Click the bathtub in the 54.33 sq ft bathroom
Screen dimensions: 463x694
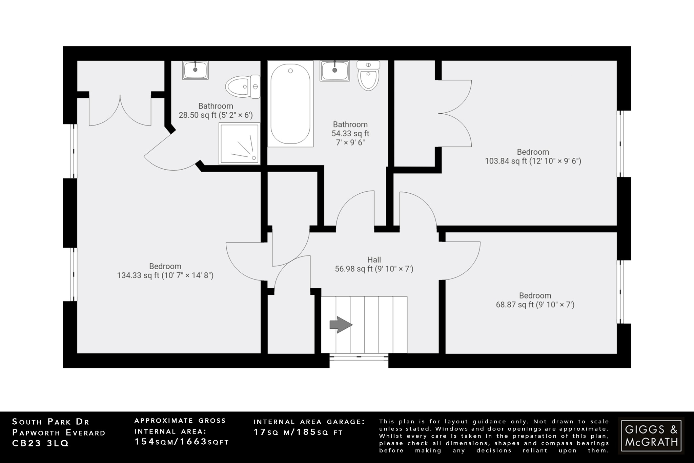[x=290, y=104]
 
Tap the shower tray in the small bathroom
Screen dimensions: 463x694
[x=239, y=144]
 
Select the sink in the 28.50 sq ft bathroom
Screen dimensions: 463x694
[x=195, y=70]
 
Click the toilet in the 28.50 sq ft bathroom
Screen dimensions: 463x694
[x=242, y=87]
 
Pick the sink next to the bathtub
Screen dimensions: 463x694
[x=334, y=71]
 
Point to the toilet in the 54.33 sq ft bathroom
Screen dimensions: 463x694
[x=368, y=76]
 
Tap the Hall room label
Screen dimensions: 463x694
[x=374, y=260]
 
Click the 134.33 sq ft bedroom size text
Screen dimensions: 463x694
[x=165, y=275]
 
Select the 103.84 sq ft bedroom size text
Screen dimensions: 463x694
[x=533, y=161]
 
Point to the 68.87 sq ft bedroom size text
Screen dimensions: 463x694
[x=535, y=305]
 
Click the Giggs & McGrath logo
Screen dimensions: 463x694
[x=651, y=436]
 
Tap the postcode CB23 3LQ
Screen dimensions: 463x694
[x=41, y=443]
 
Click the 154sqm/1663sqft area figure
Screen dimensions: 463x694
[x=182, y=442]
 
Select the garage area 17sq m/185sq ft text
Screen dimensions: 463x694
[x=298, y=432]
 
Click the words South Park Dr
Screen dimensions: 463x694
[x=51, y=422]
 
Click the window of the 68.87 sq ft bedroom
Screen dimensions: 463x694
[x=620, y=292]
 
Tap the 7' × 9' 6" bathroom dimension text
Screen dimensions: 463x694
[x=350, y=143]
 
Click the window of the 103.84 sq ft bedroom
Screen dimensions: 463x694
[x=620, y=144]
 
